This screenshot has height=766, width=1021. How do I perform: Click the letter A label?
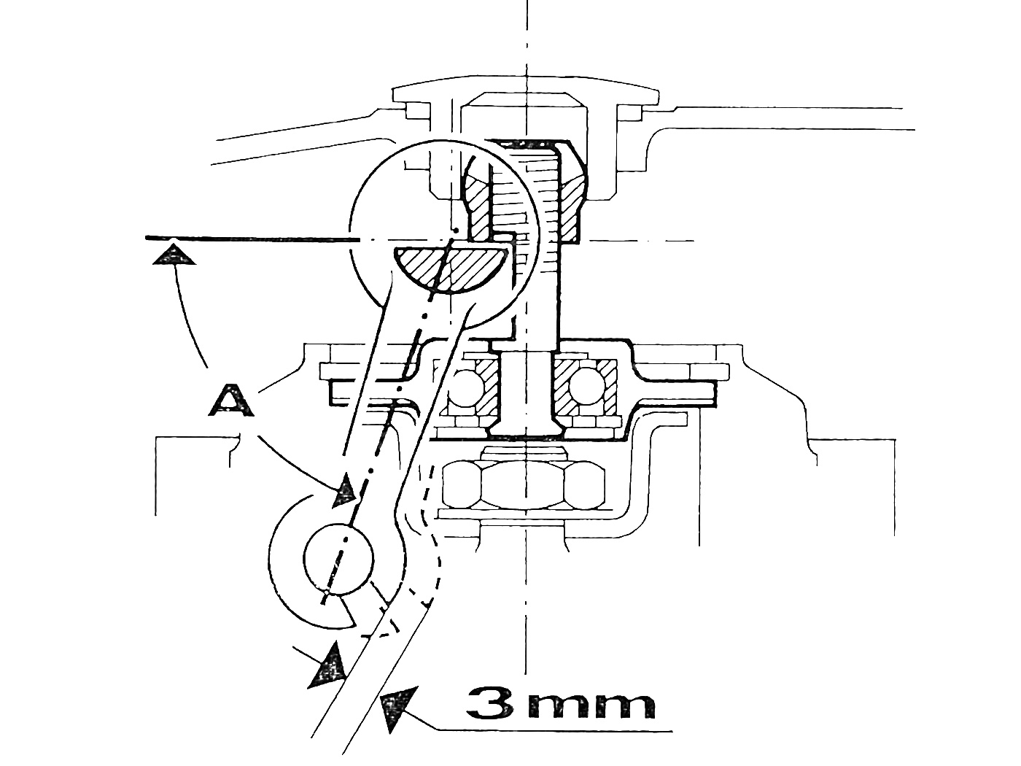pyautogui.click(x=233, y=401)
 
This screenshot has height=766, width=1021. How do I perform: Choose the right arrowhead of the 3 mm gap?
pyautogui.click(x=395, y=709)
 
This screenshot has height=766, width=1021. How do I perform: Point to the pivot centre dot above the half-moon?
pyautogui.click(x=454, y=232)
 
